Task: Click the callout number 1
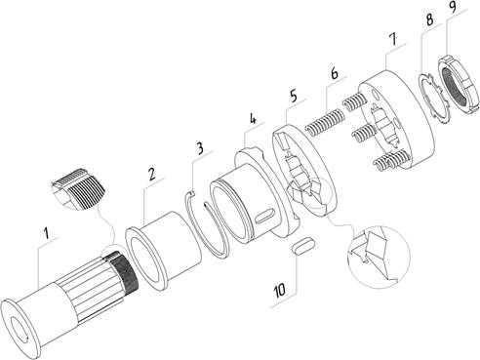47,233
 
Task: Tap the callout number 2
151,174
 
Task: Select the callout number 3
200,148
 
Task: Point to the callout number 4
253,118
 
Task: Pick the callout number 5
294,97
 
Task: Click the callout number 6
335,73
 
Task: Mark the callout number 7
393,39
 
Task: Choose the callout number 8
429,20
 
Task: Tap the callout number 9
453,7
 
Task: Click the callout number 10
280,290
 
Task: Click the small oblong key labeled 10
303,245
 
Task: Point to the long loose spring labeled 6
324,121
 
